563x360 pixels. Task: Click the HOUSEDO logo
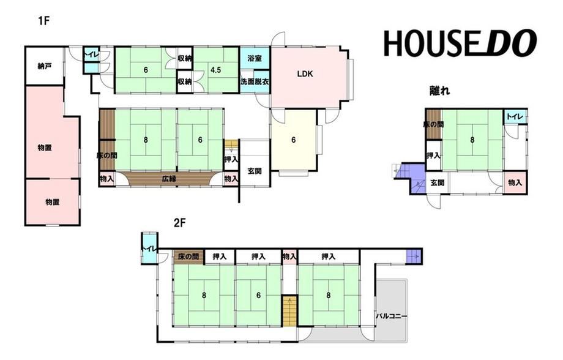460,43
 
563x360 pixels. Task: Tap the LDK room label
305,74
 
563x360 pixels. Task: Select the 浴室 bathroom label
255,58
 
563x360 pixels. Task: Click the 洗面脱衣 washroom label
255,82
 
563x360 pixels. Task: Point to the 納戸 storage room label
45,67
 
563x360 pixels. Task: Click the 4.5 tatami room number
216,70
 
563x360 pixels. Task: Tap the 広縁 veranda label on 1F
169,178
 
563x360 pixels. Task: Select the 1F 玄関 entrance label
255,171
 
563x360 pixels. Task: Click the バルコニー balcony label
392,317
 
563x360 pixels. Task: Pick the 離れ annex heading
439,91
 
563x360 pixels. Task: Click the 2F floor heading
179,223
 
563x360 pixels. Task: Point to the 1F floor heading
43,21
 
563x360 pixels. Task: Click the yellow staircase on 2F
289,311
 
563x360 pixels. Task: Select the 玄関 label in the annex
437,183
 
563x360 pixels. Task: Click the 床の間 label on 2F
188,257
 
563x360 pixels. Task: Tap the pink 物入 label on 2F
289,257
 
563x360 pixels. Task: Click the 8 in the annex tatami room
472,140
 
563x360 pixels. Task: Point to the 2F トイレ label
148,248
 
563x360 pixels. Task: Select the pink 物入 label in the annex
515,183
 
